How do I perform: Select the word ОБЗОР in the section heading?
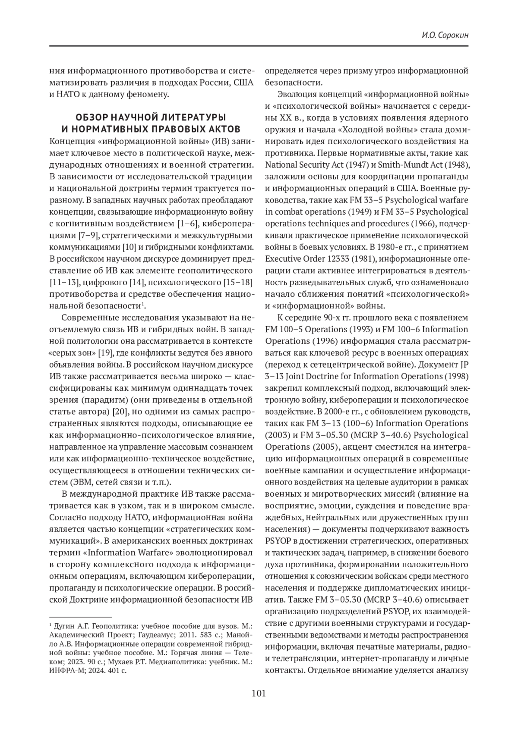(90, 117)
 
